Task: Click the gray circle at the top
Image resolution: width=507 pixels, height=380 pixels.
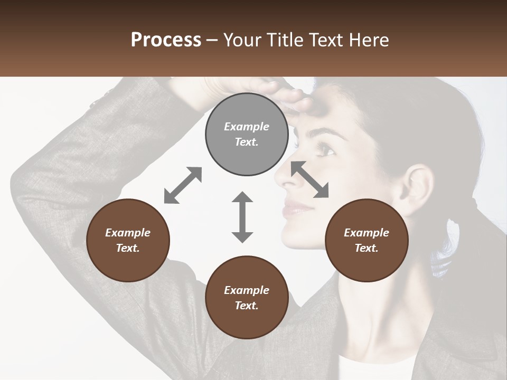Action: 247,135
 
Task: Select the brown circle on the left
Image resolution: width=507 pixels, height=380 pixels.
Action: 128,241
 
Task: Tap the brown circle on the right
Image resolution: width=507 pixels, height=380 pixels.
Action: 366,241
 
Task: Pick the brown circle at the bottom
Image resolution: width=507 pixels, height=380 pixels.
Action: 247,298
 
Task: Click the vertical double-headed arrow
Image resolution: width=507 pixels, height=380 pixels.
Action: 242,217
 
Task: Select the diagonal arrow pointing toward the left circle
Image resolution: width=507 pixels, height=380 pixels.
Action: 183,185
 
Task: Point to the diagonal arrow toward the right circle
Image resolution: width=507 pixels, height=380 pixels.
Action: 309,179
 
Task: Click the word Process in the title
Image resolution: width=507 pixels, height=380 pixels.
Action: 166,40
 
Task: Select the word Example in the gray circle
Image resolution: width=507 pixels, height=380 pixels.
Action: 247,127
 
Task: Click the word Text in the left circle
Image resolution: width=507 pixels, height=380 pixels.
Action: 127,248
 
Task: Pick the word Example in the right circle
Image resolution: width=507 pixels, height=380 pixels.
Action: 366,233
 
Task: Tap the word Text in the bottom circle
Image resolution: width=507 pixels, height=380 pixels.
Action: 246,306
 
